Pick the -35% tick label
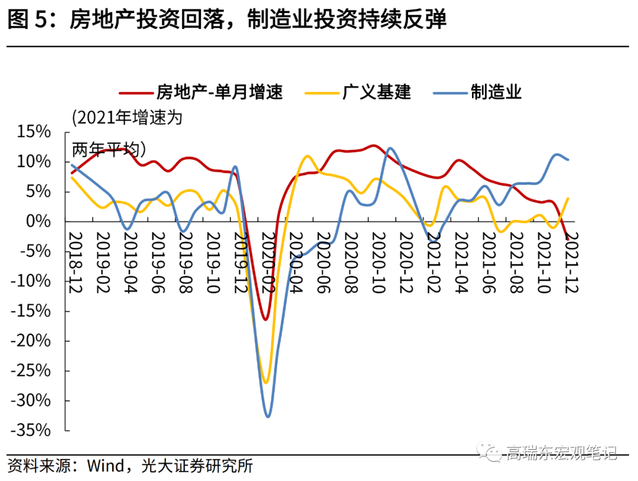click(x=31, y=431)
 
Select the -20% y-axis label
click(x=31, y=341)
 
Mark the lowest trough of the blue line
click(x=268, y=417)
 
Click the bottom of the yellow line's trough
click(x=265, y=382)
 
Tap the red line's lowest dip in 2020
click(x=265, y=319)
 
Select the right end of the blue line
click(x=568, y=159)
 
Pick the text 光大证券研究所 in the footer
click(x=198, y=466)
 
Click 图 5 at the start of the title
click(x=26, y=20)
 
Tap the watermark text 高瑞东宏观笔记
click(x=561, y=453)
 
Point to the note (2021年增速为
click(x=128, y=117)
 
